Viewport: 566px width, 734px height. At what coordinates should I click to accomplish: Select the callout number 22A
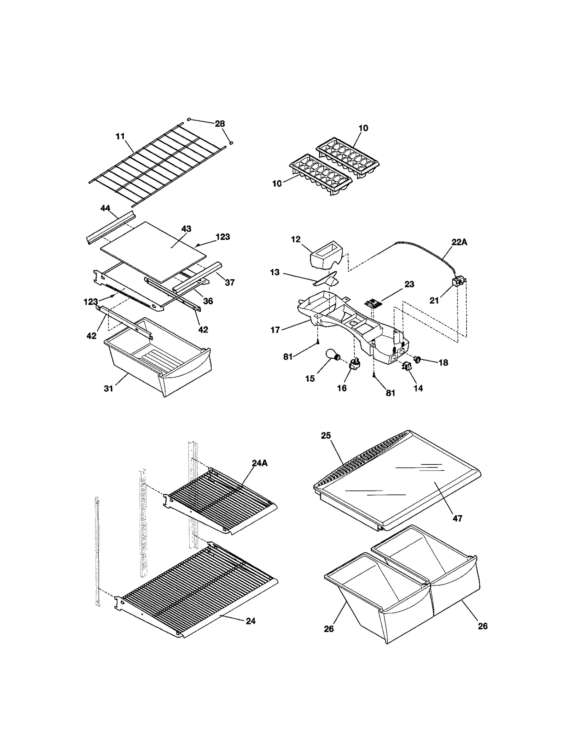pos(459,242)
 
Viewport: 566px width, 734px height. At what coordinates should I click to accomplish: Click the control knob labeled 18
pos(417,360)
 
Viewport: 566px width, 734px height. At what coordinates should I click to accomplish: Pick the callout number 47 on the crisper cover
pos(457,518)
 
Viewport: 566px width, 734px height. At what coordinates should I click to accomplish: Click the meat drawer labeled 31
pos(159,357)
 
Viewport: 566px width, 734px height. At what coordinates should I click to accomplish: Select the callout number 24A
pos(260,463)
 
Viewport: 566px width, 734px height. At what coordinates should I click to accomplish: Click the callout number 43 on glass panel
pos(186,229)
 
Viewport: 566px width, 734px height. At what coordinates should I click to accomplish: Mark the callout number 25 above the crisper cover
pos(325,435)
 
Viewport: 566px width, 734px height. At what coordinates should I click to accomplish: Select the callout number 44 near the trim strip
pos(105,208)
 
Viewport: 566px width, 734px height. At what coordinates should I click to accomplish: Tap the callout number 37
pos(230,282)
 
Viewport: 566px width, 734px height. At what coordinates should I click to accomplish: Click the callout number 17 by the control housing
pos(275,330)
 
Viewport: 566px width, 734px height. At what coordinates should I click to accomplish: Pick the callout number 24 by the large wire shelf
pos(250,621)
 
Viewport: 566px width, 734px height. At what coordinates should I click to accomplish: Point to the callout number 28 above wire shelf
pos(220,123)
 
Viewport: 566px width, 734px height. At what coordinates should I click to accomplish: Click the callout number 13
pos(275,272)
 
